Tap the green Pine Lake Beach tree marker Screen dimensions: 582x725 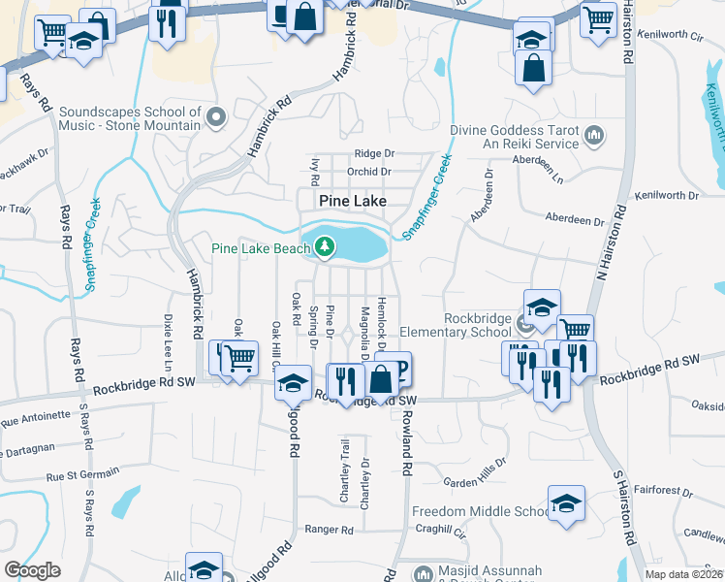click(x=325, y=248)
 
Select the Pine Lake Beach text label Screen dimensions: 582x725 click(x=260, y=248)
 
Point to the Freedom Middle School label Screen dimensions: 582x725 click(x=481, y=511)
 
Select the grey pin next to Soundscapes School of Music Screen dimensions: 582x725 click(x=216, y=118)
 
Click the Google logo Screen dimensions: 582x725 click(x=31, y=569)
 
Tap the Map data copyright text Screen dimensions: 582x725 click(x=682, y=574)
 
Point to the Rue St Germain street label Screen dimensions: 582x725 click(x=82, y=474)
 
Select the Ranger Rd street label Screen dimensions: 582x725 click(x=329, y=530)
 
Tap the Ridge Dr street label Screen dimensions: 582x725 click(x=374, y=153)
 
